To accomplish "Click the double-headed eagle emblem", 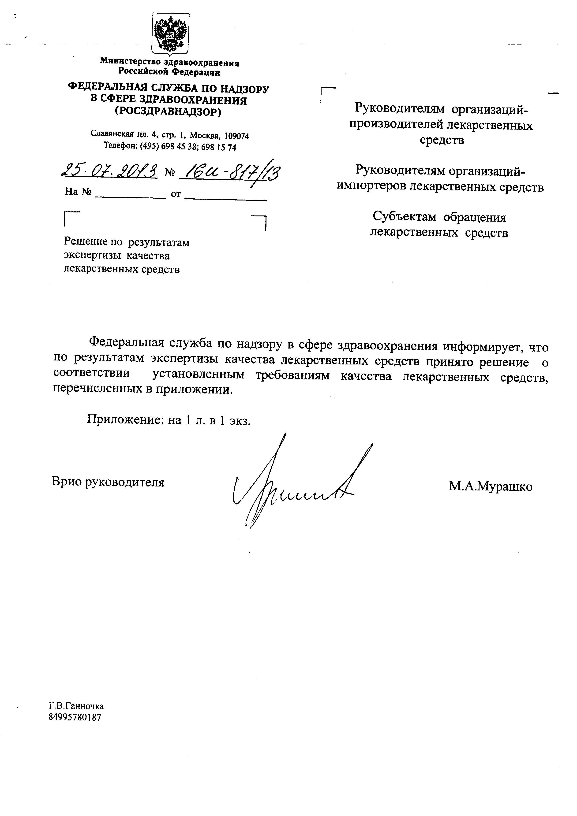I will tap(170, 34).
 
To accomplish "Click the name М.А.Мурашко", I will tap(491, 486).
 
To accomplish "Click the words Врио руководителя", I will tap(108, 482).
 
